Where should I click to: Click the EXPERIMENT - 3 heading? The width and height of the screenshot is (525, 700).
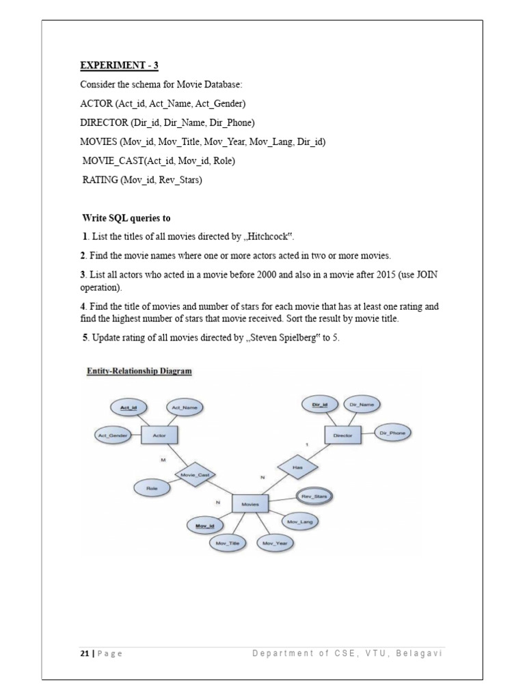pyautogui.click(x=119, y=66)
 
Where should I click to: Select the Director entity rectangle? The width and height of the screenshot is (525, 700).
pyautogui.click(x=342, y=434)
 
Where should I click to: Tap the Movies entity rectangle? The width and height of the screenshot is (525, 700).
pyautogui.click(x=250, y=504)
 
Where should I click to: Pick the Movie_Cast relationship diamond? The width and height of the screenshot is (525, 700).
pyautogui.click(x=195, y=473)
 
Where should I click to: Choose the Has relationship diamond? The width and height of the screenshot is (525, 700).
pyautogui.click(x=297, y=468)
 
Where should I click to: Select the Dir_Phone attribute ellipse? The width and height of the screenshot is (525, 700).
pyautogui.click(x=393, y=433)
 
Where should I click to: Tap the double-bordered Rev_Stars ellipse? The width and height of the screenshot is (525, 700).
pyautogui.click(x=314, y=496)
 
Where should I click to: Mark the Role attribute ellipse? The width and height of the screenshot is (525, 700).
pyautogui.click(x=152, y=489)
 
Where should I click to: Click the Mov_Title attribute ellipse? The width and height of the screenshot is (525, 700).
pyautogui.click(x=227, y=543)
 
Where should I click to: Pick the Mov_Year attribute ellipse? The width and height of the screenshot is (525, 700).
pyautogui.click(x=276, y=543)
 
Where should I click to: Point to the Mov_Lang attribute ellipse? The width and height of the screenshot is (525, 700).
pyautogui.click(x=298, y=521)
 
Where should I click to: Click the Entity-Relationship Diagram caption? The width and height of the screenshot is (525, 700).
pyautogui.click(x=139, y=371)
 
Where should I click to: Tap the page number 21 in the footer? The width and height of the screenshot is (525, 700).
pyautogui.click(x=84, y=654)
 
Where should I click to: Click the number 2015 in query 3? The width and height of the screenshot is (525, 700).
pyautogui.click(x=403, y=274)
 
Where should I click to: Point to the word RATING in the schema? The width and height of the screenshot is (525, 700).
pyautogui.click(x=100, y=180)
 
